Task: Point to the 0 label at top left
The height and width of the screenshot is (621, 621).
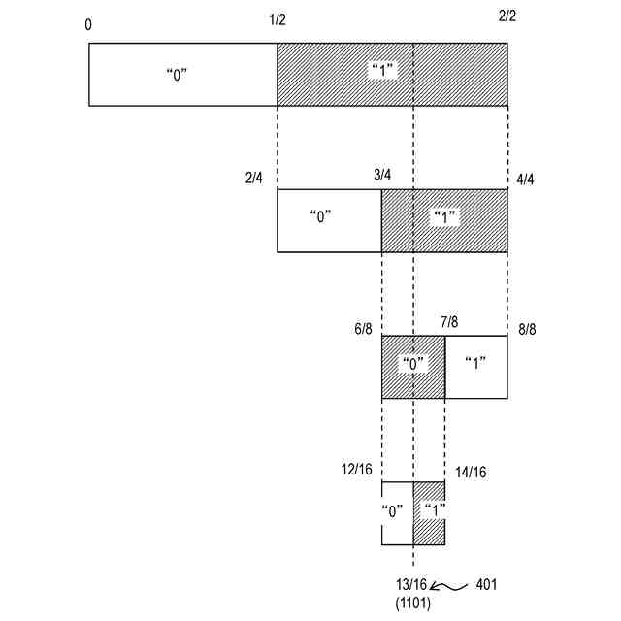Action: coord(89,24)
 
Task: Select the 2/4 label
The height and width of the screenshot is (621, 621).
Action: coord(254,178)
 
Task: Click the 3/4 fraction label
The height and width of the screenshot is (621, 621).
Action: coord(381,175)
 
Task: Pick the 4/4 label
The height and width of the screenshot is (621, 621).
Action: coord(526,180)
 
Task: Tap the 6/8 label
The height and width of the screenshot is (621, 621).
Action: coord(363,329)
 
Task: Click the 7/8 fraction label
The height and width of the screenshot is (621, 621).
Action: coord(449,321)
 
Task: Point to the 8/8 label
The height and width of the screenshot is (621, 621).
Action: coord(527,330)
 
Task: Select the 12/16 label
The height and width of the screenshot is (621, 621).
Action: coord(356,470)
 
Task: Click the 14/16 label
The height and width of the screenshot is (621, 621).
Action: coord(471,472)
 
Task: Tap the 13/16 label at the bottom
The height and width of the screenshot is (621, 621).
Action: coord(410,585)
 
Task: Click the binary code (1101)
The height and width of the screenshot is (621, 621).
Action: coord(411,603)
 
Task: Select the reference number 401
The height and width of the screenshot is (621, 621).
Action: coord(487,585)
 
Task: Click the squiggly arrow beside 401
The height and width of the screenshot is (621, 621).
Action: coord(448,586)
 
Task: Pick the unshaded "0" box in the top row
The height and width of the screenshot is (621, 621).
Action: coord(183,75)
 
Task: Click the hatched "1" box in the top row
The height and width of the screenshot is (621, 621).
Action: coord(392,75)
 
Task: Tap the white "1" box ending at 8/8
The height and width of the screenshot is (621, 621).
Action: coord(475,367)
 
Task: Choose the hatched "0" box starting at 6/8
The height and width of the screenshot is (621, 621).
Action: coord(413,367)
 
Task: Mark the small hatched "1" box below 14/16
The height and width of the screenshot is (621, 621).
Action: coord(429,513)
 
